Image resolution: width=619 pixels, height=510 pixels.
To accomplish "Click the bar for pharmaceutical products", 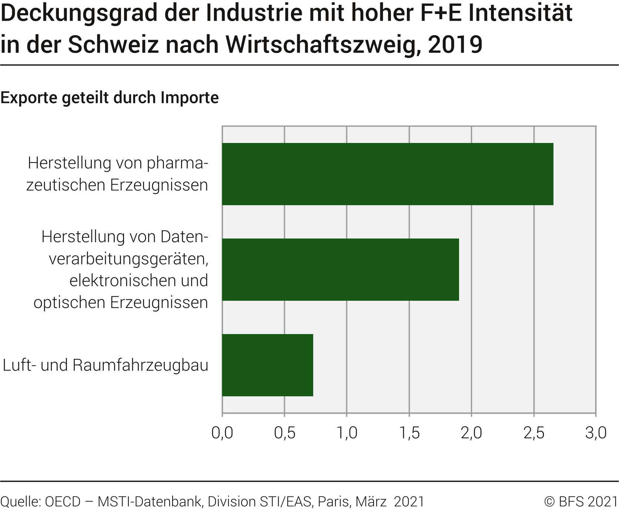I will (x=387, y=174).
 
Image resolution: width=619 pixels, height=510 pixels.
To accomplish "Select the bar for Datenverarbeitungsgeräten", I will (x=340, y=269).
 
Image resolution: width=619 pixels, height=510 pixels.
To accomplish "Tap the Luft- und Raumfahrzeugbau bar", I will (x=267, y=365).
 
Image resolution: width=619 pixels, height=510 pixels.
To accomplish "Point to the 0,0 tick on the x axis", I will (x=222, y=433).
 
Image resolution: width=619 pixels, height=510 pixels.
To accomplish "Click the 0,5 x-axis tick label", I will (x=284, y=433).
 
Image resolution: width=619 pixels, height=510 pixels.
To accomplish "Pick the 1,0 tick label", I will (x=347, y=433).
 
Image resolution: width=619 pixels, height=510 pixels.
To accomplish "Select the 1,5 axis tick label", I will (x=409, y=433).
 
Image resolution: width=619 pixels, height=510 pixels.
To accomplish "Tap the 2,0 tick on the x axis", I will (x=471, y=433).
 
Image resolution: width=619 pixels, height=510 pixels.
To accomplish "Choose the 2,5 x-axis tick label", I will (x=534, y=433).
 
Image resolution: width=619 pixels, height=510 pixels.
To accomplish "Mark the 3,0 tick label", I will (x=596, y=433).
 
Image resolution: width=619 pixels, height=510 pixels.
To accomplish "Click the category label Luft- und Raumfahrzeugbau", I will (x=106, y=365).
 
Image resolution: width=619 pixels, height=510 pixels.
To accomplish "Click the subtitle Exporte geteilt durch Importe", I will (x=110, y=98).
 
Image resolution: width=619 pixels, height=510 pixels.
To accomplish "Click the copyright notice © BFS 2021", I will (x=581, y=501).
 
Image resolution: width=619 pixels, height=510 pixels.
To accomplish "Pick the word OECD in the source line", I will (x=63, y=501).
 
